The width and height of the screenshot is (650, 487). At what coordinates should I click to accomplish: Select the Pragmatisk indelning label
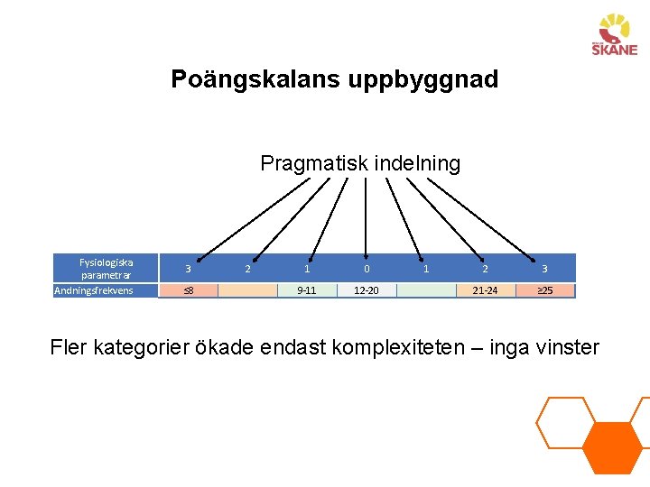pos(360,163)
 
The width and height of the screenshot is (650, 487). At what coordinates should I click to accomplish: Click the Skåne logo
pos(615,35)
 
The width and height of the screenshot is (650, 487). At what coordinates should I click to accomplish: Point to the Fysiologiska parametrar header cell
pos(107,268)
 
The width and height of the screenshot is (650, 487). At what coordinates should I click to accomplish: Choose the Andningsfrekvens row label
pos(94,290)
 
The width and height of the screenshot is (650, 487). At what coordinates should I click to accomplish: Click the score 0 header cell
pos(367,269)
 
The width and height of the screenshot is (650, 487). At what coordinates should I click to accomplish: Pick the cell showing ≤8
pos(188,290)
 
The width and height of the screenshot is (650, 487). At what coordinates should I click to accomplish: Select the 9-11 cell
pos(307,290)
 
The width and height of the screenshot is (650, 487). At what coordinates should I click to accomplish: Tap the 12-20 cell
pos(367,290)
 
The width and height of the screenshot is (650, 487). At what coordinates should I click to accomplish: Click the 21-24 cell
pos(485,290)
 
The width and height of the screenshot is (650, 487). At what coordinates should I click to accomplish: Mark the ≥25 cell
pos(545,290)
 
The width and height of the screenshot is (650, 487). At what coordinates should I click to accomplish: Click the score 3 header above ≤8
pos(188,269)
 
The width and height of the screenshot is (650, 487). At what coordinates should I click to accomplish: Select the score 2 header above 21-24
pos(485,269)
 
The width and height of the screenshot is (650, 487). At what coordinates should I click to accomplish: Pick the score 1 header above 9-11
pos(307,269)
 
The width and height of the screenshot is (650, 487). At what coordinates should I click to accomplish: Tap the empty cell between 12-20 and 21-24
pos(426,290)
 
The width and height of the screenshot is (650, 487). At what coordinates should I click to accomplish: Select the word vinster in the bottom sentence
pos(565,346)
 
